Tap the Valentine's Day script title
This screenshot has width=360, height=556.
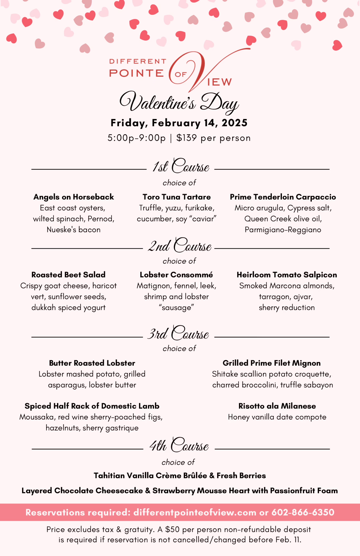click(x=179, y=102)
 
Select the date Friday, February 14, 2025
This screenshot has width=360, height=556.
click(x=179, y=123)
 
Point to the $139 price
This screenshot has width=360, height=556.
click(x=187, y=138)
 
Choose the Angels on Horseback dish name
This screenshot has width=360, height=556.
click(x=74, y=197)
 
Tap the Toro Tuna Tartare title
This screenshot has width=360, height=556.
click(x=177, y=197)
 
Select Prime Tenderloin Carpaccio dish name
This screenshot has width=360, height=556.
click(x=283, y=197)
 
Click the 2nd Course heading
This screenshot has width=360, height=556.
click(x=180, y=245)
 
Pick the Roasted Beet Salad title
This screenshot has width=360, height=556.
click(x=68, y=275)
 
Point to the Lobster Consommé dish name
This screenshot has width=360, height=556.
click(x=176, y=275)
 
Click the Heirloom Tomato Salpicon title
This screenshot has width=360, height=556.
click(x=287, y=275)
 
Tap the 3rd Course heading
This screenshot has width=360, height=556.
click(x=178, y=333)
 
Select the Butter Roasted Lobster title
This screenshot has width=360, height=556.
click(x=92, y=363)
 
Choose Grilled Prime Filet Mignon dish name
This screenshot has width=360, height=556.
click(x=272, y=363)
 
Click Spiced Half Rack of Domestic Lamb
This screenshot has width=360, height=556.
click(x=92, y=406)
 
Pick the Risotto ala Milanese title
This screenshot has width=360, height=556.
click(x=277, y=406)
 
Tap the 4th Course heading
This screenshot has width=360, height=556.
click(x=179, y=445)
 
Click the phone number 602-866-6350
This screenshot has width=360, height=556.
click(x=303, y=512)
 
